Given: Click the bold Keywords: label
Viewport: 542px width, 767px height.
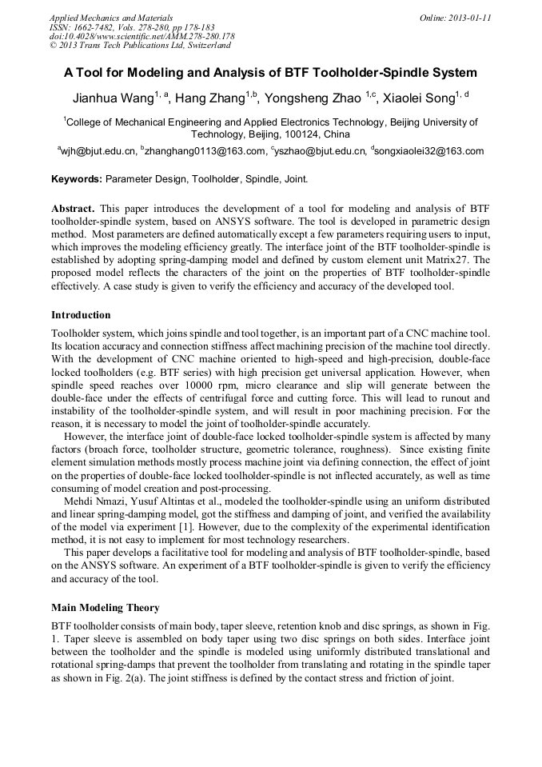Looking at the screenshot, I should click(x=77, y=179).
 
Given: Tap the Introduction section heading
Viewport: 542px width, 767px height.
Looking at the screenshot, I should click(x=81, y=315).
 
